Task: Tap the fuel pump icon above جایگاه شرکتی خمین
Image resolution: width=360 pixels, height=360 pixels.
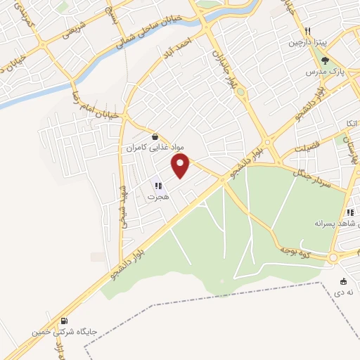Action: click(65, 320)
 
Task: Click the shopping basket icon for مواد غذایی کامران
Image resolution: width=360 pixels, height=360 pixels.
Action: click(155, 137)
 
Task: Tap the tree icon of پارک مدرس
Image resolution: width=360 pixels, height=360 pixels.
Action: click(325, 60)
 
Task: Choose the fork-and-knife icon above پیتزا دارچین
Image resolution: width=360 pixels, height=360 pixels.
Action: click(307, 32)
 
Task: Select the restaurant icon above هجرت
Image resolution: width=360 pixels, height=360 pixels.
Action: click(158, 186)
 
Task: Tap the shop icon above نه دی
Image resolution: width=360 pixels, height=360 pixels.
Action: click(343, 281)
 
